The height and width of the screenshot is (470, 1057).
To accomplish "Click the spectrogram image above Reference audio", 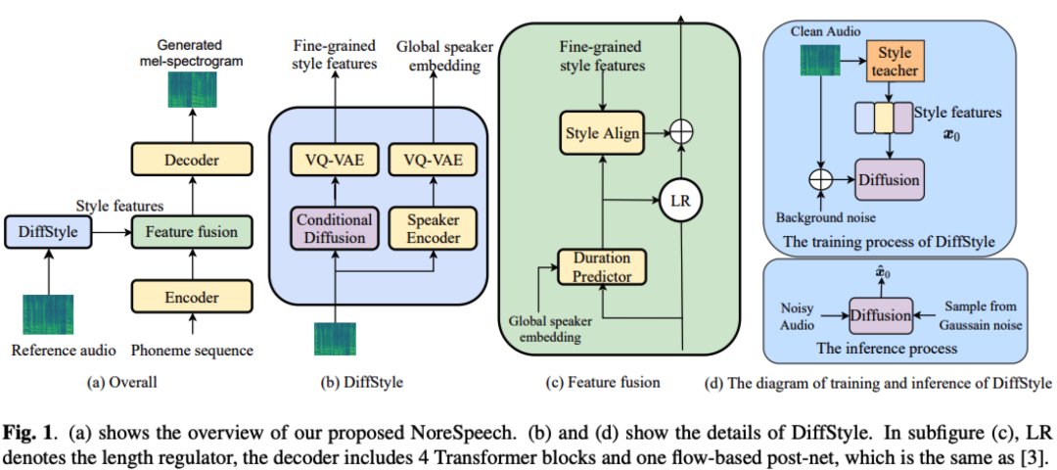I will [49, 313].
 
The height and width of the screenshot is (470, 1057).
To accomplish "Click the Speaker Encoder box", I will [427, 230].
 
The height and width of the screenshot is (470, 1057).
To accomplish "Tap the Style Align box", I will [601, 132].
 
